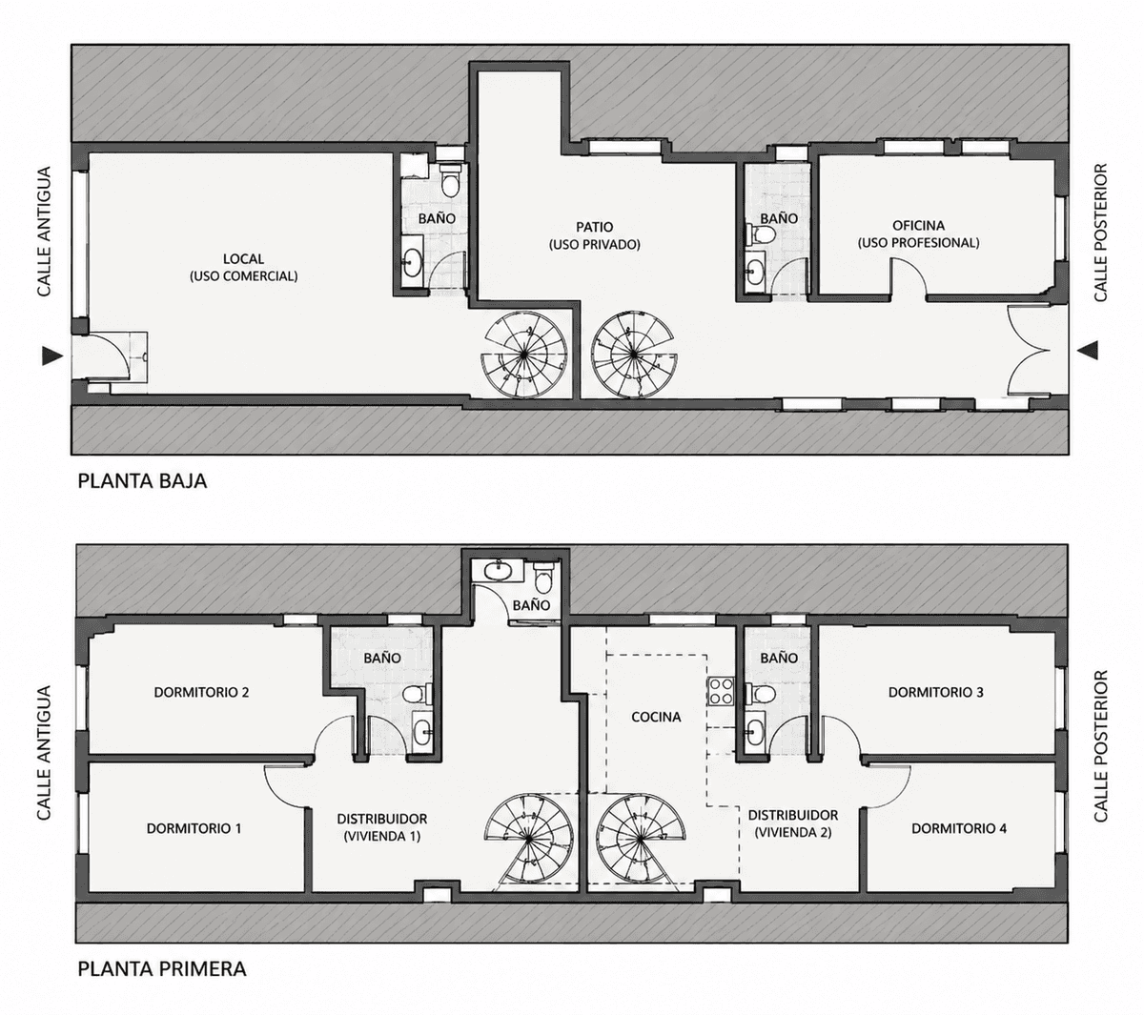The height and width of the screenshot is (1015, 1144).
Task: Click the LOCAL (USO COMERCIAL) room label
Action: pyautogui.click(x=243, y=267)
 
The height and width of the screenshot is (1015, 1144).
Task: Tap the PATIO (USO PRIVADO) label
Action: pyautogui.click(x=594, y=235)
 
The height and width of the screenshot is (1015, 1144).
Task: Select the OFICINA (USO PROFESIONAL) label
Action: pyautogui.click(x=918, y=233)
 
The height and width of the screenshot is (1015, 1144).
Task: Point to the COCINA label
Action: pyautogui.click(x=656, y=717)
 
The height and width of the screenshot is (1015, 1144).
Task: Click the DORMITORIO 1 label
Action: pyautogui.click(x=194, y=828)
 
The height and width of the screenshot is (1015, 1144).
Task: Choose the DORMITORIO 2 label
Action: pyautogui.click(x=201, y=692)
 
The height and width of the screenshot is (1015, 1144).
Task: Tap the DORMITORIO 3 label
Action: pyautogui.click(x=935, y=692)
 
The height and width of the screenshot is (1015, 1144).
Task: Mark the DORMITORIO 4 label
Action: pyautogui.click(x=959, y=828)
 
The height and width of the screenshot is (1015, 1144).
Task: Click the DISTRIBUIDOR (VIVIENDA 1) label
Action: pyautogui.click(x=381, y=827)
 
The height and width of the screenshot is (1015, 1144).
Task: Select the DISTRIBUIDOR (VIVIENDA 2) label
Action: pyautogui.click(x=793, y=823)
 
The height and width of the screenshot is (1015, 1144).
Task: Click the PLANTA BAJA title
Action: pyautogui.click(x=142, y=481)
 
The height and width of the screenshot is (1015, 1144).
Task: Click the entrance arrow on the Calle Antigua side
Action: pyautogui.click(x=52, y=355)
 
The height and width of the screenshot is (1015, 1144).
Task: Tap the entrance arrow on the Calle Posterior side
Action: pyautogui.click(x=1087, y=350)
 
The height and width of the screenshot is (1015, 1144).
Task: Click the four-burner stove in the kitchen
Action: pyautogui.click(x=721, y=691)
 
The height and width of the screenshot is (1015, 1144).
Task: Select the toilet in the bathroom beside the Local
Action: pyautogui.click(x=451, y=179)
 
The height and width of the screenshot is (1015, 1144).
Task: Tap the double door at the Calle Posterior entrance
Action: pyautogui.click(x=1029, y=351)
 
